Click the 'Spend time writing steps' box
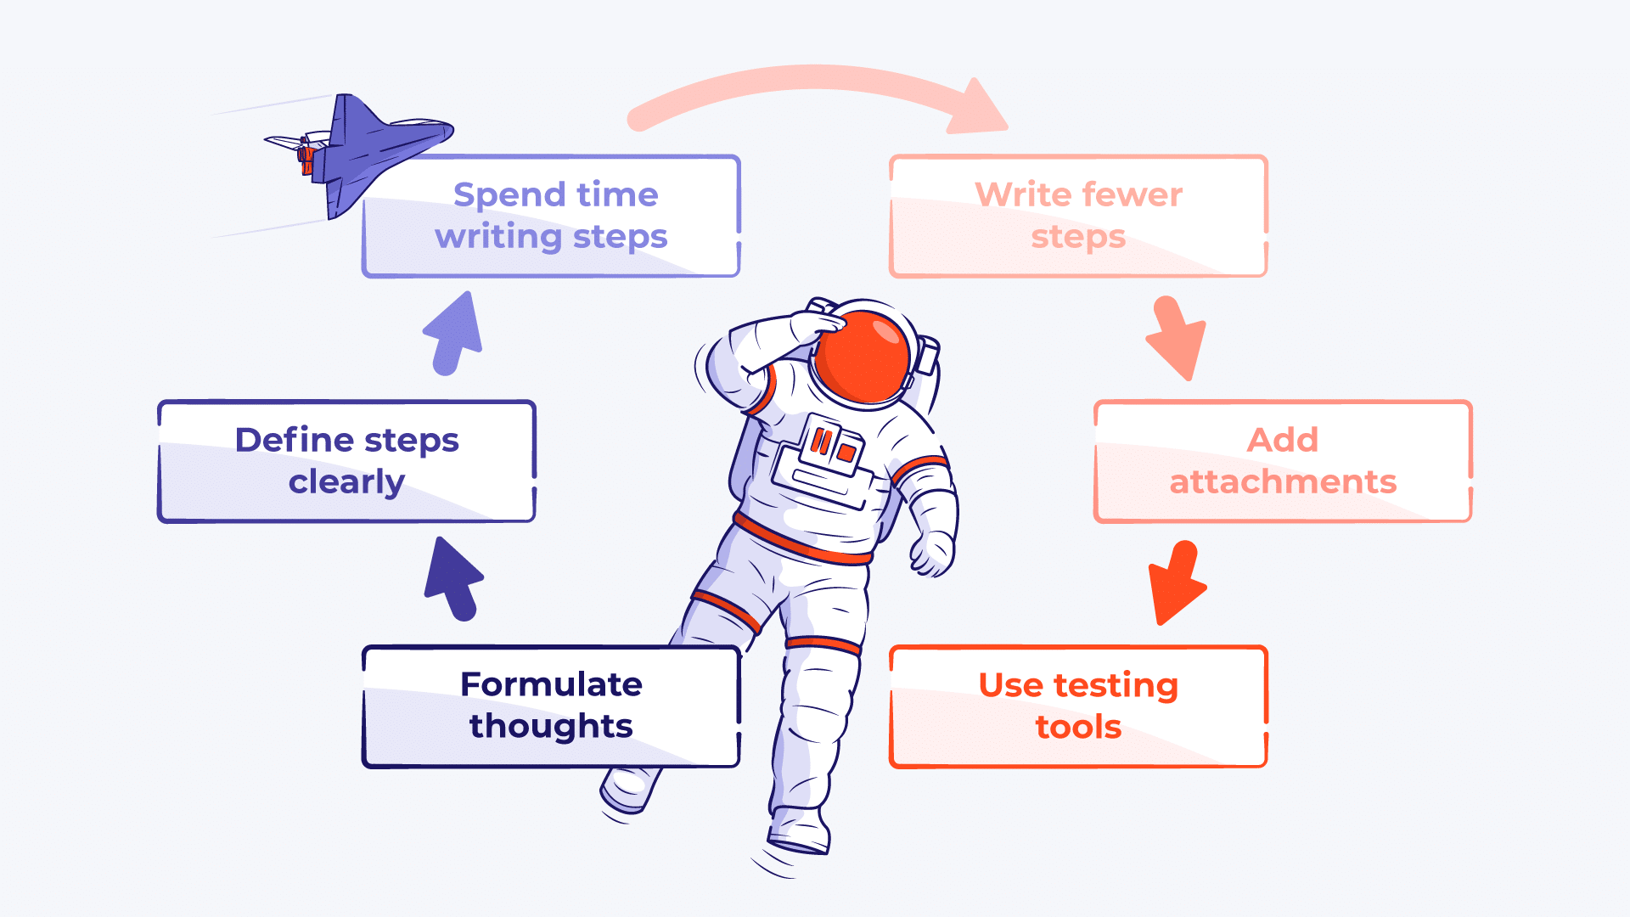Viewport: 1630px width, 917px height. (x=552, y=216)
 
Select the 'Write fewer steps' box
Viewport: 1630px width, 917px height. (x=1078, y=216)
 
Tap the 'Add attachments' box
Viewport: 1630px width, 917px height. (x=1283, y=461)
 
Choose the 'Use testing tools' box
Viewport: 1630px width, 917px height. (x=1078, y=706)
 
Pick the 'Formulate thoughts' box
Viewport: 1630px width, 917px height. (x=551, y=706)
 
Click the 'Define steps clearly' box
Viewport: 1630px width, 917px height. (x=346, y=461)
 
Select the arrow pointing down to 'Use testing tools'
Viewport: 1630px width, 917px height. (x=1176, y=582)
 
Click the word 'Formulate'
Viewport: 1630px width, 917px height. (x=551, y=684)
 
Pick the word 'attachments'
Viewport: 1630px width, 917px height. (x=1283, y=482)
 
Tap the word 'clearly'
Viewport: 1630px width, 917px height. (x=346, y=482)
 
